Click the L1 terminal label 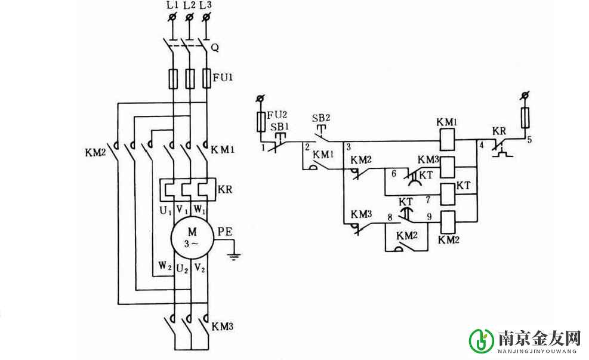click(x=172, y=5)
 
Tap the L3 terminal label click(x=205, y=5)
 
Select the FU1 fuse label click(x=224, y=76)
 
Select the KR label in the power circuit click(x=225, y=190)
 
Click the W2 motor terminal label click(x=163, y=263)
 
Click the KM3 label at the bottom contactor click(x=222, y=327)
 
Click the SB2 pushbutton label click(x=321, y=117)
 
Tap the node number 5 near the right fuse click(x=527, y=141)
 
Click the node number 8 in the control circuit click(x=391, y=218)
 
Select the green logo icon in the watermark click(x=481, y=340)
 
